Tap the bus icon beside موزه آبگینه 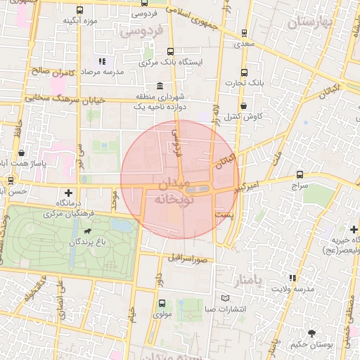click(79, 11)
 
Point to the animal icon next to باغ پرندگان click(87, 230)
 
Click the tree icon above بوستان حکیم click(311, 332)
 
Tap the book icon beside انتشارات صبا click(226, 297)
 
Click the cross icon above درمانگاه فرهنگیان click(68, 192)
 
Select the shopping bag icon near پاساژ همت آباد click(22, 152)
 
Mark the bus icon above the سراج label click(300, 174)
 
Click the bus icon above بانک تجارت click(244, 72)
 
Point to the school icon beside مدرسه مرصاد click(103, 61)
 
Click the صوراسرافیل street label click(187, 257)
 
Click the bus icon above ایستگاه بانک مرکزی click(171, 51)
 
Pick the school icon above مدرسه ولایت click(292, 277)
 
